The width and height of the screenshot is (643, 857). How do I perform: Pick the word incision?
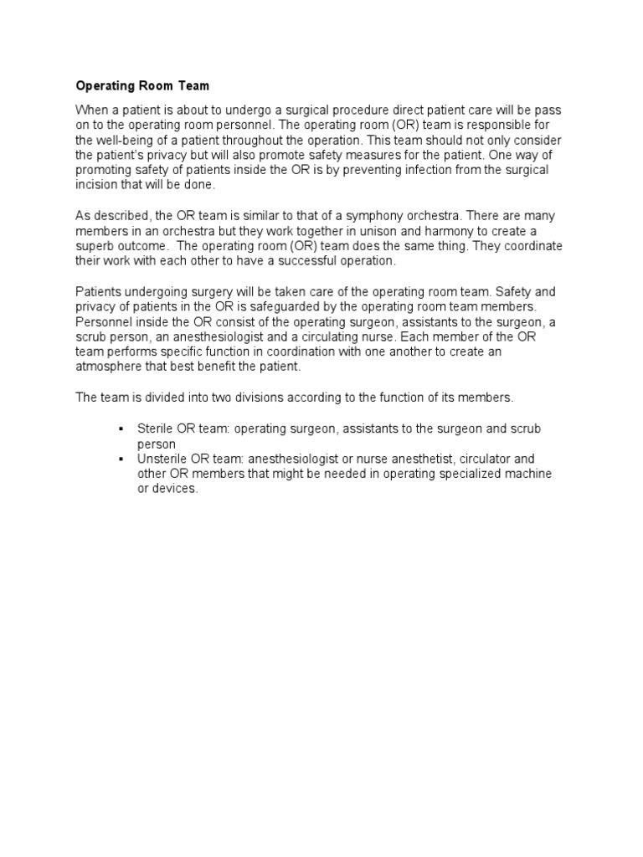[x=97, y=185]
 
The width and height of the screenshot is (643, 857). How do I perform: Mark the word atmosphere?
[x=111, y=366]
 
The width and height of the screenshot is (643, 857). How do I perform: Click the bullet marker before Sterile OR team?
[x=121, y=428]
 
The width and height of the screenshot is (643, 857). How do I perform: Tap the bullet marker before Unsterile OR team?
[x=121, y=459]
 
